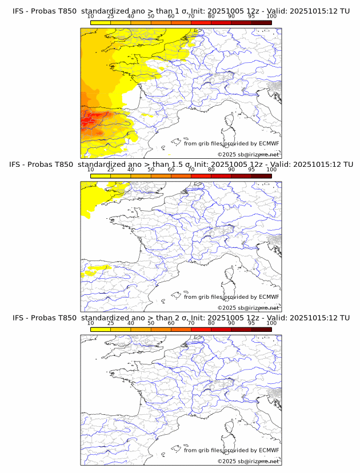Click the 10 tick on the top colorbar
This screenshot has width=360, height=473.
pyautogui.click(x=90, y=16)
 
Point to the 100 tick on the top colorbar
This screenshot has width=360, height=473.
pyautogui.click(x=271, y=16)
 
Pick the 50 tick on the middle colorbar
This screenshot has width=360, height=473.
pyautogui.click(x=151, y=170)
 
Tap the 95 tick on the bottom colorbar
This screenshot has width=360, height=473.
pyautogui.click(x=251, y=323)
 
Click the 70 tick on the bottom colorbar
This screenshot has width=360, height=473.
pyautogui.click(x=191, y=323)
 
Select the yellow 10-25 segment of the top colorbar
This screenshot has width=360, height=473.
pyautogui.click(x=100, y=22)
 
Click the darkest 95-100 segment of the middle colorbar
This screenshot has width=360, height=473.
pyautogui.click(x=261, y=176)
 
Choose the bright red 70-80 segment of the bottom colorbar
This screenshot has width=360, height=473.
pyautogui.click(x=201, y=330)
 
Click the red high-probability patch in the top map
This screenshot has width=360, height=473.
pyautogui.click(x=90, y=121)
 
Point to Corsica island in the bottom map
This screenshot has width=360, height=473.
pyautogui.click(x=230, y=428)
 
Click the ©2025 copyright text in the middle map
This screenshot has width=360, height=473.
pyautogui.click(x=248, y=308)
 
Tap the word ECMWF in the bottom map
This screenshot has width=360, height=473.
pyautogui.click(x=269, y=450)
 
